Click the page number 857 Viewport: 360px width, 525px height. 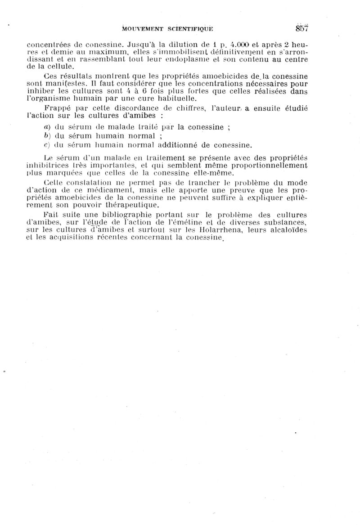(x=301, y=28)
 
